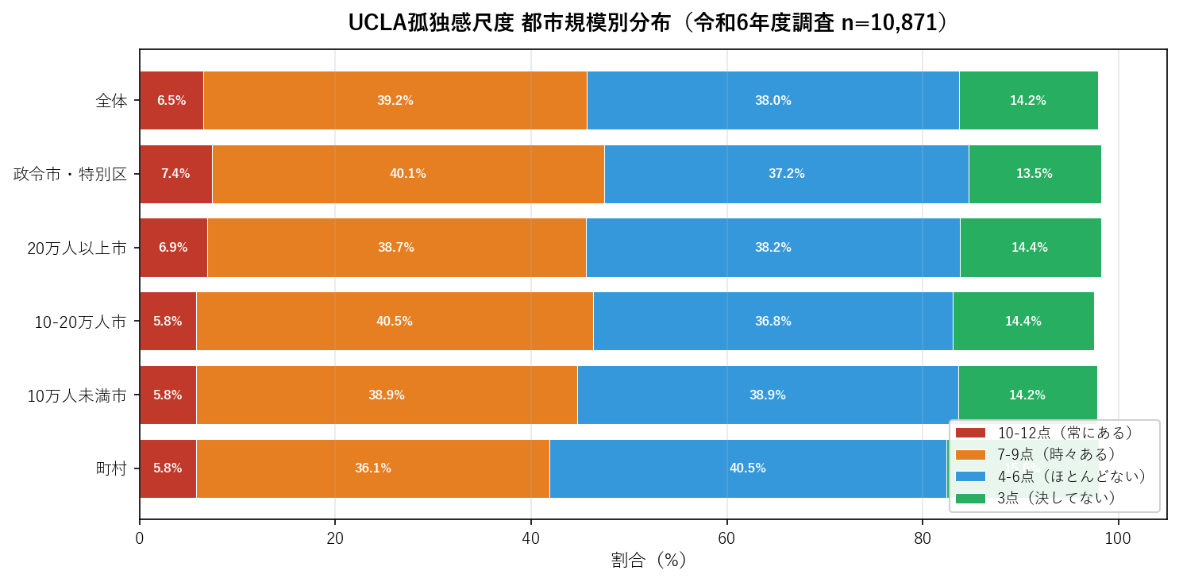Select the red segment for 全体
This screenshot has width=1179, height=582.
point(171,100)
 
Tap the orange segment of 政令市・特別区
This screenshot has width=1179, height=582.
point(408,174)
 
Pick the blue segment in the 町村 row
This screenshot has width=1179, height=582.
point(748,468)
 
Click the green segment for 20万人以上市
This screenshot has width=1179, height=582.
point(1030,248)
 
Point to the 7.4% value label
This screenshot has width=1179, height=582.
point(175,174)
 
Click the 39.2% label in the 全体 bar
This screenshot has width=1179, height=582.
point(395,101)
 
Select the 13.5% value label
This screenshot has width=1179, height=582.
point(1034,174)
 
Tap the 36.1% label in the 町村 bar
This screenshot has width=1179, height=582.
point(372,468)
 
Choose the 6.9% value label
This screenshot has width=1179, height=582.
point(173,248)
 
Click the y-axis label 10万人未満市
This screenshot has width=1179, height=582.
point(77,395)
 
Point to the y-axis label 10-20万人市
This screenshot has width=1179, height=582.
point(80,322)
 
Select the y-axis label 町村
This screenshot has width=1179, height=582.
point(111,468)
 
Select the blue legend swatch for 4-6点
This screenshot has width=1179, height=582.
point(970,476)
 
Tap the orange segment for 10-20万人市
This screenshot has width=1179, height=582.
point(395,322)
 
